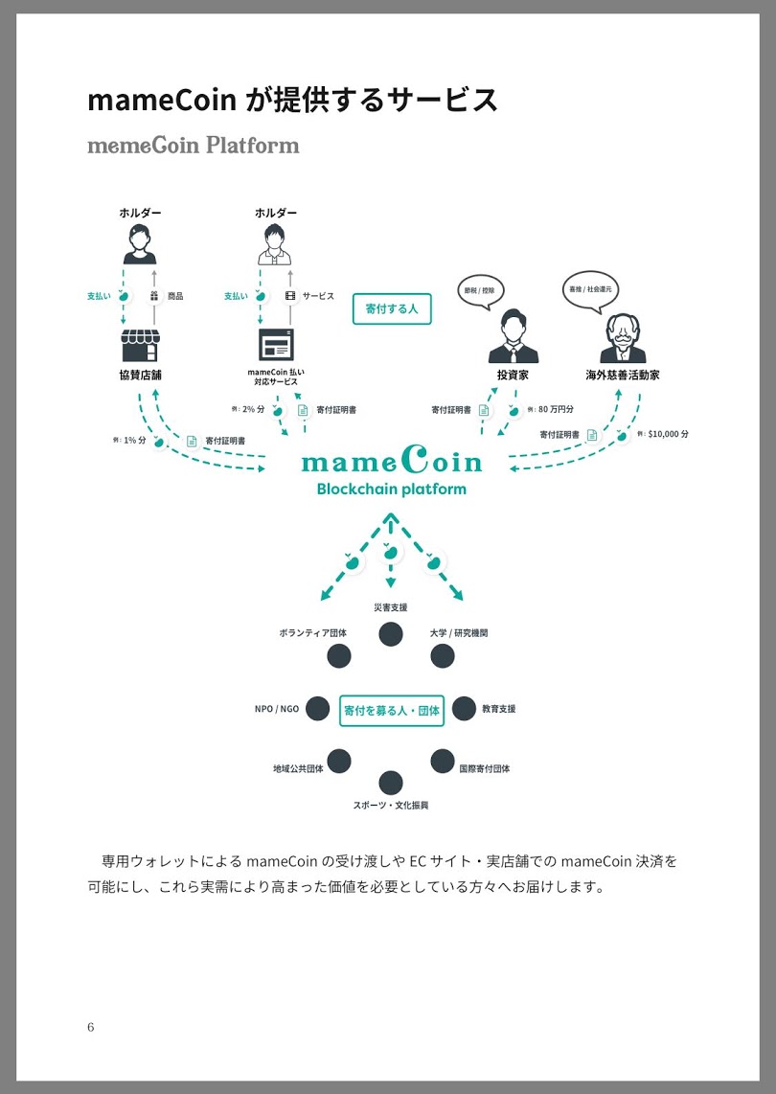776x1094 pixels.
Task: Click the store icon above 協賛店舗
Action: coord(140,345)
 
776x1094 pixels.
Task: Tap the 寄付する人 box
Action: coord(392,309)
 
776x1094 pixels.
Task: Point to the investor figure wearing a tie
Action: coord(513,337)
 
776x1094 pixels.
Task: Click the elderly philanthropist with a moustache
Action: coord(623,338)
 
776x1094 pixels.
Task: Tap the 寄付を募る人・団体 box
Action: coord(392,711)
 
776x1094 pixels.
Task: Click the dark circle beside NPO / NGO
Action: coord(317,709)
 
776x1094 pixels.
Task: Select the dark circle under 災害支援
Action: coord(390,633)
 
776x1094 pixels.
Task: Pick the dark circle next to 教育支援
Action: coord(464,709)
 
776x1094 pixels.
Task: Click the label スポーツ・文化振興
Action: coord(390,805)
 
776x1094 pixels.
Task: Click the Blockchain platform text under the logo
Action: coord(391,490)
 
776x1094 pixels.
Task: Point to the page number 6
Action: coord(90,1027)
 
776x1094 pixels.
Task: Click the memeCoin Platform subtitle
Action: coord(194,146)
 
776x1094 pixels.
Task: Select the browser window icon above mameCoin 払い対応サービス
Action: coord(276,344)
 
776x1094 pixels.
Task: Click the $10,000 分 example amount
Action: coord(668,434)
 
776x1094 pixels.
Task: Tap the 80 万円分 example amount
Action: coord(555,409)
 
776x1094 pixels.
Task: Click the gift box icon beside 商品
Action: coord(154,296)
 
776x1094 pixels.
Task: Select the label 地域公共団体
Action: coord(298,768)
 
